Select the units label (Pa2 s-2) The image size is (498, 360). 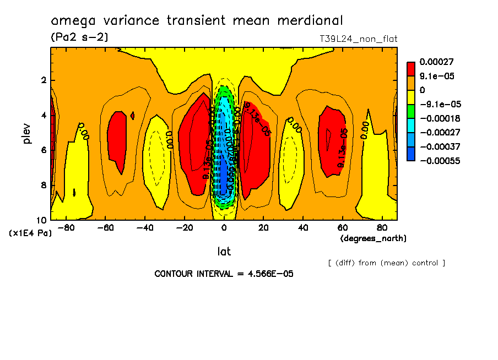tap(79, 37)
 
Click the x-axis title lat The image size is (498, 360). tap(224, 252)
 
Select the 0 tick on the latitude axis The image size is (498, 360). tap(224, 227)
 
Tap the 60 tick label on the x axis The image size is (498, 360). tap(342, 227)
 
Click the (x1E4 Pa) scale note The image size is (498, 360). tap(30, 233)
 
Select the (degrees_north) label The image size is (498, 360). tap(373, 238)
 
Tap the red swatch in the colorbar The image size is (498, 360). tap(411, 68)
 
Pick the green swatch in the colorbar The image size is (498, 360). tap(411, 111)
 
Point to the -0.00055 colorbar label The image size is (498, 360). tap(439, 161)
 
